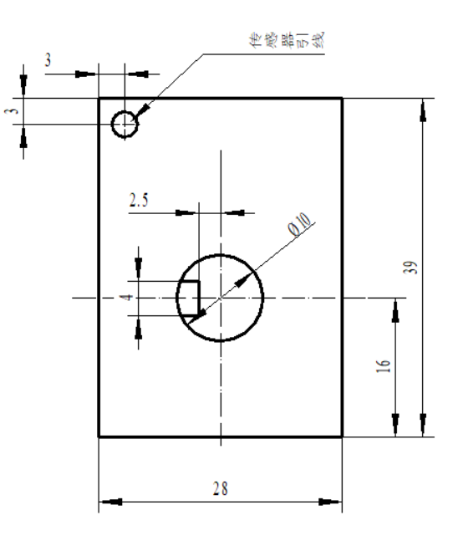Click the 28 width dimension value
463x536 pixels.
[x=220, y=489]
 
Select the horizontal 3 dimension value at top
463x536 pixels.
[x=48, y=61]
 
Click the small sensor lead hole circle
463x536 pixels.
[x=125, y=124]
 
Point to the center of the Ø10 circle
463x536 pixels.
[x=220, y=299]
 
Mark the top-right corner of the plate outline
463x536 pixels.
[x=342, y=98]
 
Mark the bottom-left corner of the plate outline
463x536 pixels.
[x=99, y=436]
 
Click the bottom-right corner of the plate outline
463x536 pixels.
[x=342, y=436]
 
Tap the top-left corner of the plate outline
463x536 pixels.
[x=99, y=98]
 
